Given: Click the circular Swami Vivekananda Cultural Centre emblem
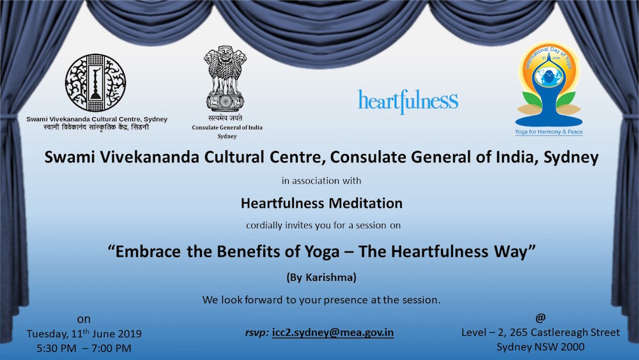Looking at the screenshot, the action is [95, 82].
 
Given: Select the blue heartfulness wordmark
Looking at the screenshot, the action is [408, 102].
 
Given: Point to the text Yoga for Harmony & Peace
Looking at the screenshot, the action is [548, 132].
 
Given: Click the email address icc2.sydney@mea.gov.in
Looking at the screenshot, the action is [332, 333].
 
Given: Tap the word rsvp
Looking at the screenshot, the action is [257, 333].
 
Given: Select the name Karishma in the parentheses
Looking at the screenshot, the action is [329, 278].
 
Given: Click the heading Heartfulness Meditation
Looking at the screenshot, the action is [321, 203].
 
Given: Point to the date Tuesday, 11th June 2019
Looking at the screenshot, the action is [84, 334].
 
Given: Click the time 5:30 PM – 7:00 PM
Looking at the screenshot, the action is [84, 348].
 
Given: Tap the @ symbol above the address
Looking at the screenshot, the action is [541, 317].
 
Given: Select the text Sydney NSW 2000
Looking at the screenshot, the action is [541, 347].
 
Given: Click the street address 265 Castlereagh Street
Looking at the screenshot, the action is [565, 333].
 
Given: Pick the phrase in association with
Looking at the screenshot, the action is [321, 180].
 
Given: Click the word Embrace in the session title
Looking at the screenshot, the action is [148, 251].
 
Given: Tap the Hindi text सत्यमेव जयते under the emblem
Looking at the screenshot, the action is [226, 118].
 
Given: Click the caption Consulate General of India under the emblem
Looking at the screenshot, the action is [227, 127].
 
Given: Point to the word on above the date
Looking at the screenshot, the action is [84, 319].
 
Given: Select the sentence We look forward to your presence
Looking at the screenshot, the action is [321, 300].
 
